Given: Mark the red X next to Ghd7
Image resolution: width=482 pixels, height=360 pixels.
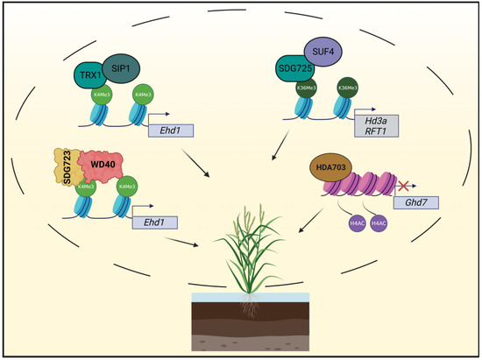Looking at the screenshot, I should point(403,187).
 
